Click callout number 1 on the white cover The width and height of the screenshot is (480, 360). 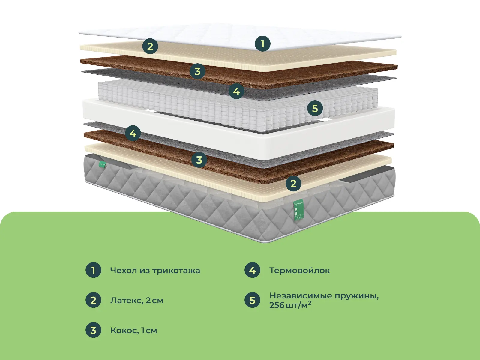pyautogui.click(x=263, y=43)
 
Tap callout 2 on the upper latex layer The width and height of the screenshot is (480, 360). pyautogui.click(x=150, y=46)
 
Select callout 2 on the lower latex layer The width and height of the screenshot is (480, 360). pyautogui.click(x=293, y=184)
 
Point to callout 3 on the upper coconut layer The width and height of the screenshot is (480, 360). pyautogui.click(x=197, y=71)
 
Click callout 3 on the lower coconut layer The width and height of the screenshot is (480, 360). pyautogui.click(x=199, y=160)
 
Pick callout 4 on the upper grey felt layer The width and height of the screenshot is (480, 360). pyautogui.click(x=236, y=91)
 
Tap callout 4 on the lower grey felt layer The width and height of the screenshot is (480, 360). pyautogui.click(x=133, y=133)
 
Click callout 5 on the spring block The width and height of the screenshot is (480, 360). pyautogui.click(x=315, y=108)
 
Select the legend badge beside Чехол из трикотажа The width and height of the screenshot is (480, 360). pyautogui.click(x=93, y=270)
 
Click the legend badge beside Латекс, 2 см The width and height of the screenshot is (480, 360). pyautogui.click(x=93, y=300)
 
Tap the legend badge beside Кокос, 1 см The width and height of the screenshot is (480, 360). pyautogui.click(x=93, y=330)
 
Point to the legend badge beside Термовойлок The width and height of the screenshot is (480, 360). pyautogui.click(x=252, y=270)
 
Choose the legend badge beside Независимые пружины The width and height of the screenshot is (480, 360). pyautogui.click(x=252, y=300)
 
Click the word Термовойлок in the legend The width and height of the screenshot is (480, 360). pyautogui.click(x=300, y=270)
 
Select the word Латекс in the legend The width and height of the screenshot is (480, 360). pyautogui.click(x=127, y=301)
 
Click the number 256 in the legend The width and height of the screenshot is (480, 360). pyautogui.click(x=277, y=305)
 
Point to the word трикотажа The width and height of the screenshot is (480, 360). pyautogui.click(x=176, y=271)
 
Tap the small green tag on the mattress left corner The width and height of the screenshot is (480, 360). pyautogui.click(x=103, y=164)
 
